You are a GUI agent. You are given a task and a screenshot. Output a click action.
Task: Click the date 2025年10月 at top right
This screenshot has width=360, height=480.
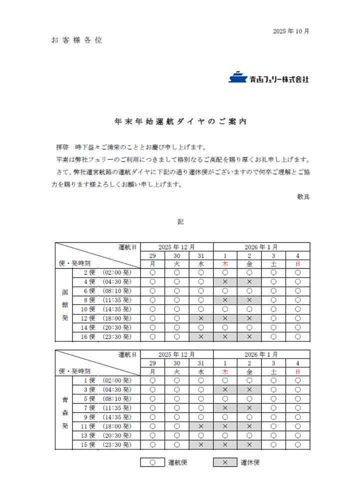tap(291, 31)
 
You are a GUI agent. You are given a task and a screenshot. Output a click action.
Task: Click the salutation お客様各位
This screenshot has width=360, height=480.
tap(76, 40)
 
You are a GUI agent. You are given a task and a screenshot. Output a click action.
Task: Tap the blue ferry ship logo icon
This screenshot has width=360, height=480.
tap(237, 77)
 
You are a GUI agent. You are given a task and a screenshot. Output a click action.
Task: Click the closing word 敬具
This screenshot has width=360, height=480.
tap(303, 196)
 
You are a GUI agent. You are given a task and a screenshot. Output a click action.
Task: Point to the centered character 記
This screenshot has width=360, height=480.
tap(180, 221)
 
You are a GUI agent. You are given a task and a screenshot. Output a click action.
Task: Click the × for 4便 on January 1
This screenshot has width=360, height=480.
tap(225, 282)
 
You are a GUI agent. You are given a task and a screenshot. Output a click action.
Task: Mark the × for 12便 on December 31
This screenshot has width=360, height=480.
tap(201, 318)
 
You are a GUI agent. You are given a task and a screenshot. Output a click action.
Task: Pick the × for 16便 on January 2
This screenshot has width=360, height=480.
tap(249, 336)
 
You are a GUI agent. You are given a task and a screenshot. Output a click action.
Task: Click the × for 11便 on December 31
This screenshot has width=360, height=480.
tap(201, 426)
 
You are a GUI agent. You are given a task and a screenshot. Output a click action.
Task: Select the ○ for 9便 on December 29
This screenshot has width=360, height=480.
tap(152, 417)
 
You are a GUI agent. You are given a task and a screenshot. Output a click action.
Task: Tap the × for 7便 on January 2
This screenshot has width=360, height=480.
tap(249, 408)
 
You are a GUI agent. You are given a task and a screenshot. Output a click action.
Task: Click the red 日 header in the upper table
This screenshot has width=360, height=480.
tap(297, 263)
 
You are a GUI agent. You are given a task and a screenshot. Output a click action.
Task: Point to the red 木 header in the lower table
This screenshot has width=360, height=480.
tap(225, 371)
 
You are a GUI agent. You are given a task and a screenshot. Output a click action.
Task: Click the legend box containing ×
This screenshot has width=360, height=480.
tap(225, 462)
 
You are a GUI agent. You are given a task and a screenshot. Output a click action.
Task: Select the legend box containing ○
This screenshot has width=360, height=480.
tap(152, 462)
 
